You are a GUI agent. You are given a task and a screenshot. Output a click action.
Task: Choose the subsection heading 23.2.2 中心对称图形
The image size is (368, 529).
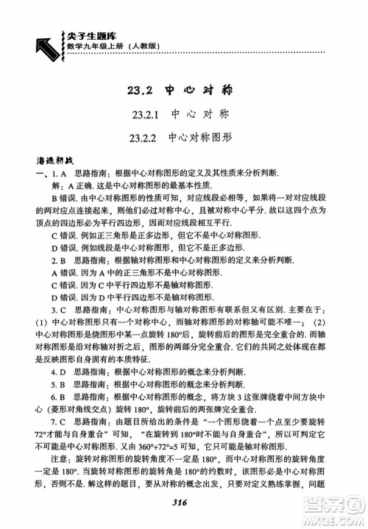pos(184,137)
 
